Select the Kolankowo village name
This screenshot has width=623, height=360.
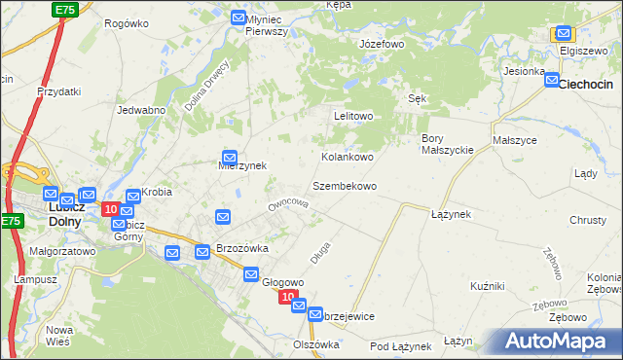(x=348, y=157)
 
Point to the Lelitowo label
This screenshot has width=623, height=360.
(x=353, y=116)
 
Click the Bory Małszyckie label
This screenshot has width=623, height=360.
(x=447, y=144)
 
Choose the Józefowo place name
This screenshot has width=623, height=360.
(x=382, y=45)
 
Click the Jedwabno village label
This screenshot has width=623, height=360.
(x=140, y=110)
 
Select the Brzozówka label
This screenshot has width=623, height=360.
(x=241, y=248)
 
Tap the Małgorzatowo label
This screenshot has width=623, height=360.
(x=62, y=250)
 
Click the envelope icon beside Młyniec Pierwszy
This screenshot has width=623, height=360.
(x=238, y=18)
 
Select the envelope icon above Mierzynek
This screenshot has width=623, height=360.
(x=230, y=157)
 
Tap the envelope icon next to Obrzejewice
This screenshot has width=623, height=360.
(x=314, y=315)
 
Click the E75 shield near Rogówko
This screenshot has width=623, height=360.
(x=65, y=9)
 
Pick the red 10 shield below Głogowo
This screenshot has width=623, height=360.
(x=287, y=297)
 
